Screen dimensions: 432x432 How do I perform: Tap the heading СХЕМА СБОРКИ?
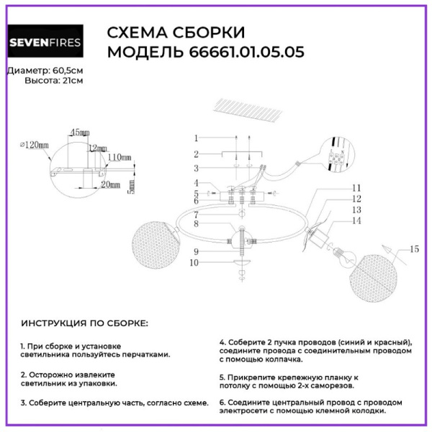176,32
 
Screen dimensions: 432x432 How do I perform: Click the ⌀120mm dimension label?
34,145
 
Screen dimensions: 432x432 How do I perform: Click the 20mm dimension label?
110,184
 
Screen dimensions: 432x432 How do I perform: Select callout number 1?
195,138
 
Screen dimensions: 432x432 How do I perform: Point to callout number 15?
413,249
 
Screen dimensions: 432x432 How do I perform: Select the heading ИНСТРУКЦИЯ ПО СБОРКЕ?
84,323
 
